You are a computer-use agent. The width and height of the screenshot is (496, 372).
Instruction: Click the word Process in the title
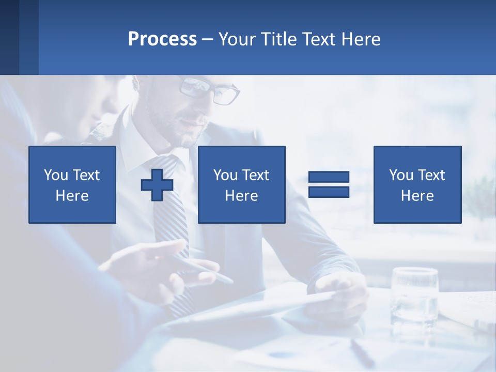click(162, 39)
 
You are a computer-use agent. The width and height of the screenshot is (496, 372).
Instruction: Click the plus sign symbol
click(157, 184)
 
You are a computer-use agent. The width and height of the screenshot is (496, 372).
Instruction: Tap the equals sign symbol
click(329, 184)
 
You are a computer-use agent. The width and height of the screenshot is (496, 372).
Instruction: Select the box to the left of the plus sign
click(72, 184)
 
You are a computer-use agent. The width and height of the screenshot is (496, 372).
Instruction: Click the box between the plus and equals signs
click(241, 184)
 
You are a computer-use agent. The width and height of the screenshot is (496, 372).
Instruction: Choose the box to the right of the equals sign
click(417, 184)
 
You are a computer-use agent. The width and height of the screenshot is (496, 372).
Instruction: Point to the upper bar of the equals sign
click(329, 177)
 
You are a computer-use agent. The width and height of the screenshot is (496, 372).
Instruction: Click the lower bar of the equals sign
click(329, 192)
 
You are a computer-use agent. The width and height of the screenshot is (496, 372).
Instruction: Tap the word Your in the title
click(237, 39)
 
